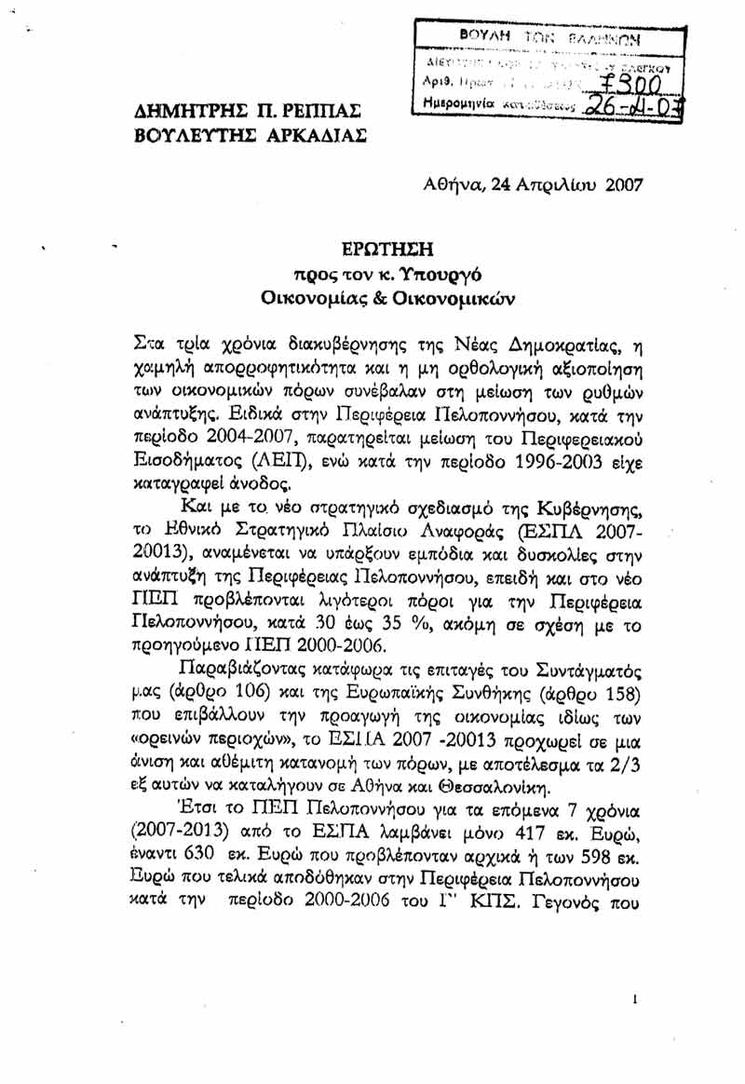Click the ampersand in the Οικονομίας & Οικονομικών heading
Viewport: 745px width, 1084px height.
(380, 301)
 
